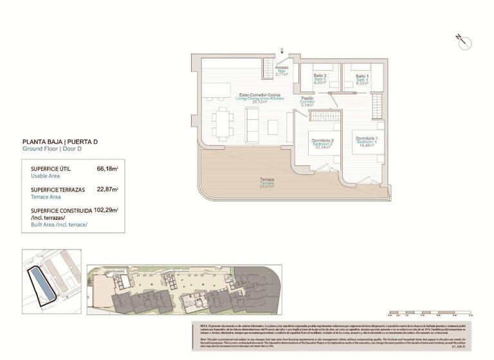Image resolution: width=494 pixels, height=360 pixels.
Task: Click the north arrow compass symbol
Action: click(x=464, y=41)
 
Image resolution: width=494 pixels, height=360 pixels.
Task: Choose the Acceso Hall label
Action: click(x=282, y=70)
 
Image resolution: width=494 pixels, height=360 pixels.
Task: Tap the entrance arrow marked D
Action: click(x=281, y=51)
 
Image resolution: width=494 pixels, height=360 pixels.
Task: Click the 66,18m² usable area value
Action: click(x=107, y=168)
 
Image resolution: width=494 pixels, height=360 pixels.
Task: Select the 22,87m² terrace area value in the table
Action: click(x=107, y=190)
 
